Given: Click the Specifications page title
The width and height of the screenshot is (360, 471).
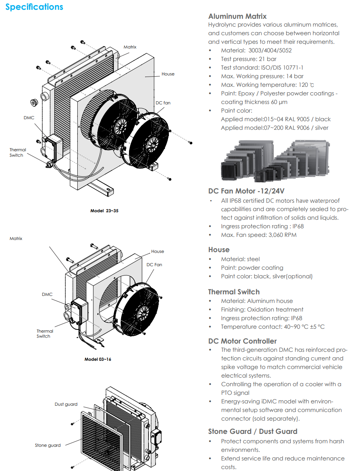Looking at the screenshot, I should (x=34, y=7).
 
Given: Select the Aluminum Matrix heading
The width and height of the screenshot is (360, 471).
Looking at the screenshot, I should (x=237, y=16).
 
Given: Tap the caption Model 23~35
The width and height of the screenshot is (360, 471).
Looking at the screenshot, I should (x=104, y=211).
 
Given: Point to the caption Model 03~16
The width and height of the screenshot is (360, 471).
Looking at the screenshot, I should (x=98, y=359).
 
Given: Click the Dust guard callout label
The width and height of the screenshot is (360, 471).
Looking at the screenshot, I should (x=66, y=404).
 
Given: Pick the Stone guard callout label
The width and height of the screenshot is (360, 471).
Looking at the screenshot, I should (x=48, y=445).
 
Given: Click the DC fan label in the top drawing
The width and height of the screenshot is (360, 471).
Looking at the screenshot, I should (x=163, y=103).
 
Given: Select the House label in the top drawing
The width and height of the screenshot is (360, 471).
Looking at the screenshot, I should (x=168, y=74).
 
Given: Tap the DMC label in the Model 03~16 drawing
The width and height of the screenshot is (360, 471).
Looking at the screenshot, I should (x=47, y=294).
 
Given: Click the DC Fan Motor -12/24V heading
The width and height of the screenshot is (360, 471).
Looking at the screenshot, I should (x=246, y=191).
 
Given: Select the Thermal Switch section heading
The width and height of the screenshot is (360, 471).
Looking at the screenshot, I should (x=234, y=292).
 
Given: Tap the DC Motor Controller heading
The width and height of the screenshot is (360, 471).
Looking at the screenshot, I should (x=242, y=341).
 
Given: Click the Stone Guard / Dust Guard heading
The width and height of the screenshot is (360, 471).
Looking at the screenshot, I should (x=253, y=431).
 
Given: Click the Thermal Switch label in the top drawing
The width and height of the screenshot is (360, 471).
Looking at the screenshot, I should (x=18, y=152).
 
